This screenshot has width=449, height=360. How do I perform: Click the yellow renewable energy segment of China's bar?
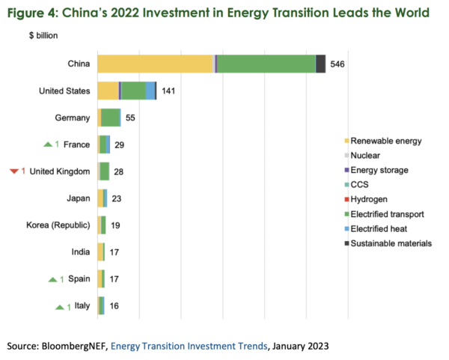(x=155, y=64)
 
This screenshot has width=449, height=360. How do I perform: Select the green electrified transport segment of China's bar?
(x=266, y=64)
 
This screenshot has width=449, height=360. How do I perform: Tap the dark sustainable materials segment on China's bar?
(x=320, y=64)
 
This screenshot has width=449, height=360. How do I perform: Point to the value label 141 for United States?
(x=169, y=91)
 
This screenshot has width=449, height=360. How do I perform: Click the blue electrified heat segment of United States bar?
(x=150, y=91)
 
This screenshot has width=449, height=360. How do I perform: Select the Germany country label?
(x=73, y=118)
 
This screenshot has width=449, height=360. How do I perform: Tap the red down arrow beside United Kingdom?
(x=13, y=171)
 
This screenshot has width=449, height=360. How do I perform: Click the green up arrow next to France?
(x=49, y=145)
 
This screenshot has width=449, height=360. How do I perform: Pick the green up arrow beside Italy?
(x=60, y=306)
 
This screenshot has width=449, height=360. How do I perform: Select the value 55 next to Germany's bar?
(x=130, y=118)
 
